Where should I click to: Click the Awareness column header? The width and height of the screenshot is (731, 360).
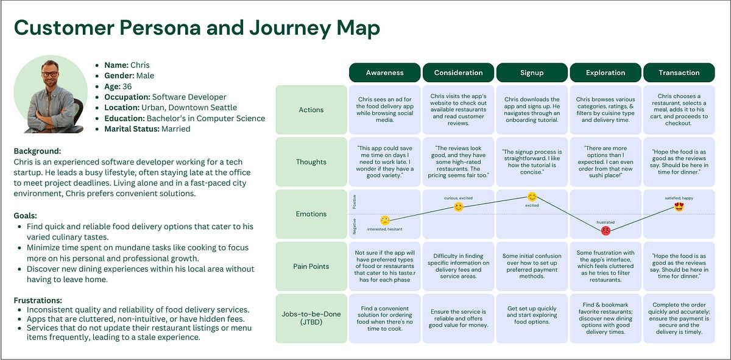[x=384, y=72]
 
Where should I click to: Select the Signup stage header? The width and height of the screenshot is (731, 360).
[x=532, y=72]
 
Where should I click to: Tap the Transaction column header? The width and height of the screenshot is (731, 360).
[x=679, y=72]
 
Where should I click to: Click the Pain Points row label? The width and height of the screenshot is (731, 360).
[x=311, y=266]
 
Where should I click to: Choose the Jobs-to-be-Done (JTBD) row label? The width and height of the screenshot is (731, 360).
[x=311, y=318]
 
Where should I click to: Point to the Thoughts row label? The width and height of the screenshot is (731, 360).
[x=311, y=162]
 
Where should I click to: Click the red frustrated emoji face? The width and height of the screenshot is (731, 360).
[x=606, y=231]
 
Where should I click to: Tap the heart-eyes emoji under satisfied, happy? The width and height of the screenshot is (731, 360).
[x=679, y=206]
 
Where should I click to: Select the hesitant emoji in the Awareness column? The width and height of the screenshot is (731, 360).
[x=385, y=221]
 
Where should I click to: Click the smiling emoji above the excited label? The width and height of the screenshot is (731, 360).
[x=532, y=197]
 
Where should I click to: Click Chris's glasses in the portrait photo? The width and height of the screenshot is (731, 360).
[x=51, y=74]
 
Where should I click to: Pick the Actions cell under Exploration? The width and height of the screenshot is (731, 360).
[x=606, y=110]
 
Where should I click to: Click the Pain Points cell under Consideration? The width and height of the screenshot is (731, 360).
[x=458, y=266]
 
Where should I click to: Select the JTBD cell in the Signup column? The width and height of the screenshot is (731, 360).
[x=532, y=318]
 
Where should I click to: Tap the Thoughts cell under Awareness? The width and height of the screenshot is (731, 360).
[x=385, y=162]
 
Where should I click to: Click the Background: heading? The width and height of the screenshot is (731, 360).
[x=37, y=151]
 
